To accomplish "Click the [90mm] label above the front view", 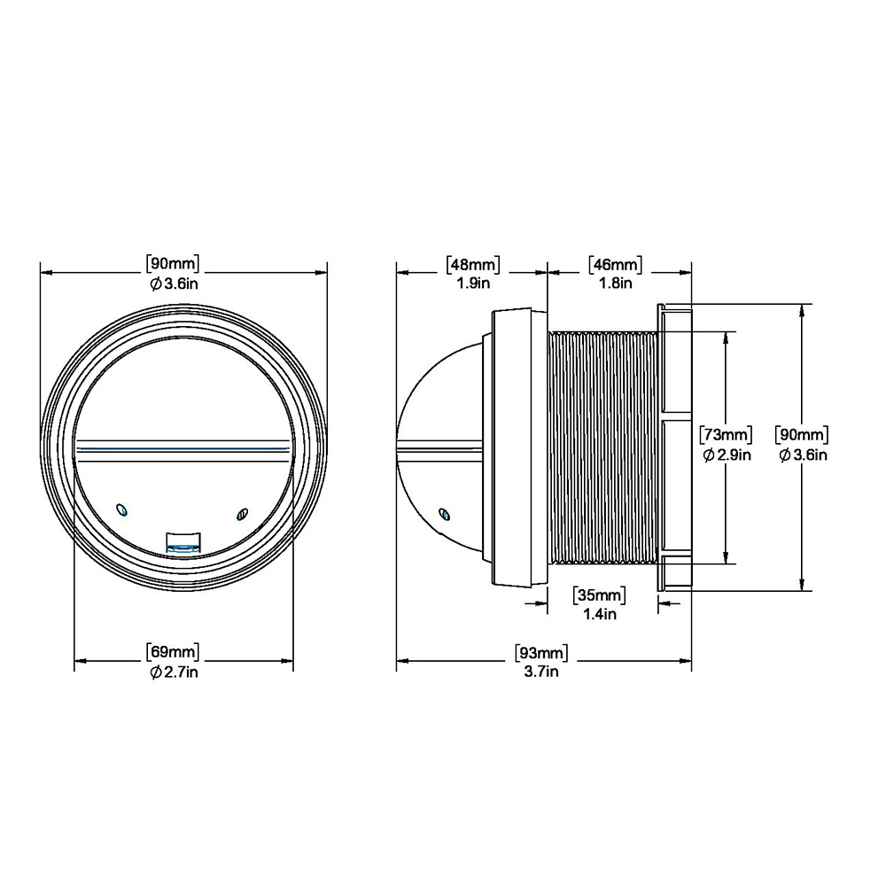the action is click(x=173, y=264).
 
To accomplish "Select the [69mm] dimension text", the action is click(x=173, y=651).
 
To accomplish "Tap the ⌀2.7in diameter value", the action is click(x=174, y=672).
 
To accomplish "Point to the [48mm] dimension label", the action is click(x=473, y=264).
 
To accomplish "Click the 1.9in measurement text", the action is click(x=473, y=284).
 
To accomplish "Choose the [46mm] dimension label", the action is click(x=616, y=264).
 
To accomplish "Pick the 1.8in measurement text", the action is click(x=616, y=284).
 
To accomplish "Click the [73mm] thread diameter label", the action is click(x=727, y=434).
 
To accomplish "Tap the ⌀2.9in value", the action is click(x=727, y=455).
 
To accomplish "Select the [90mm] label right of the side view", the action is click(x=802, y=434).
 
